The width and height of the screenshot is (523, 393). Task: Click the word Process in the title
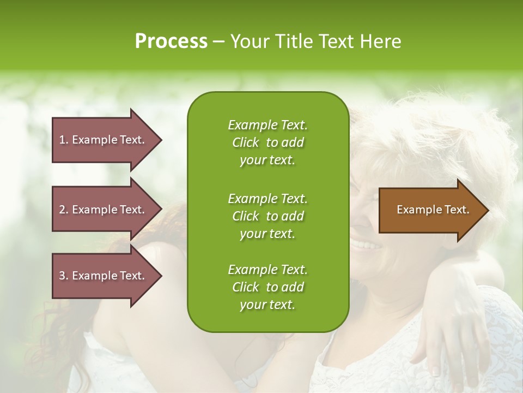(171, 41)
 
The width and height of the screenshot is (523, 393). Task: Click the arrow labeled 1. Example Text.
(104, 140)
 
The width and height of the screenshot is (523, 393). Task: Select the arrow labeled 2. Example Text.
(104, 210)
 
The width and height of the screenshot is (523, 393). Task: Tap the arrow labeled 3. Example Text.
(104, 276)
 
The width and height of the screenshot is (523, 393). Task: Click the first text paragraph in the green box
(267, 142)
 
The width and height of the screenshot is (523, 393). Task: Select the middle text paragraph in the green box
(267, 216)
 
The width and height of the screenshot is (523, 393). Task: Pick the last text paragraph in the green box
(267, 287)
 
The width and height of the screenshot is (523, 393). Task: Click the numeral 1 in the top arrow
(62, 140)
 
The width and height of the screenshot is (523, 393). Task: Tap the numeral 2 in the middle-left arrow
(62, 210)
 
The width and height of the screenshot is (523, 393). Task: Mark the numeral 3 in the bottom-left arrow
(62, 276)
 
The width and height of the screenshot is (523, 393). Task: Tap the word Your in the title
(250, 41)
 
